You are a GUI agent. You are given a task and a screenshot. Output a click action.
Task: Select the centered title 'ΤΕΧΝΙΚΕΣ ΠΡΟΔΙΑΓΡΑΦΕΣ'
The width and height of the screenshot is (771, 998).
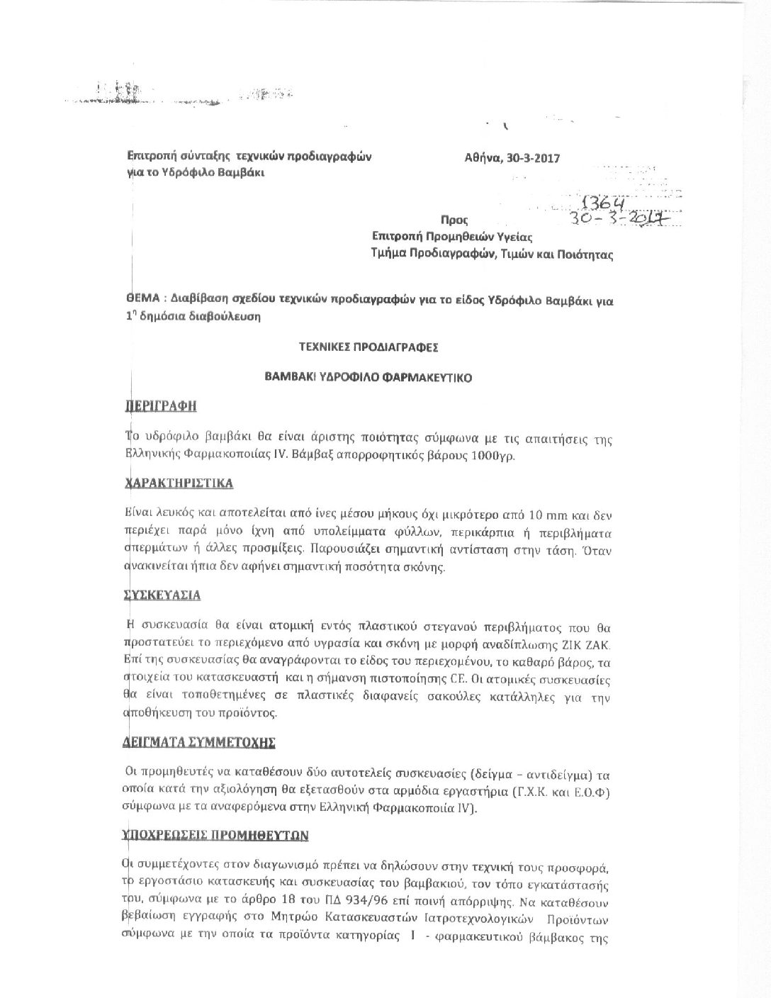[x=368, y=347]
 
